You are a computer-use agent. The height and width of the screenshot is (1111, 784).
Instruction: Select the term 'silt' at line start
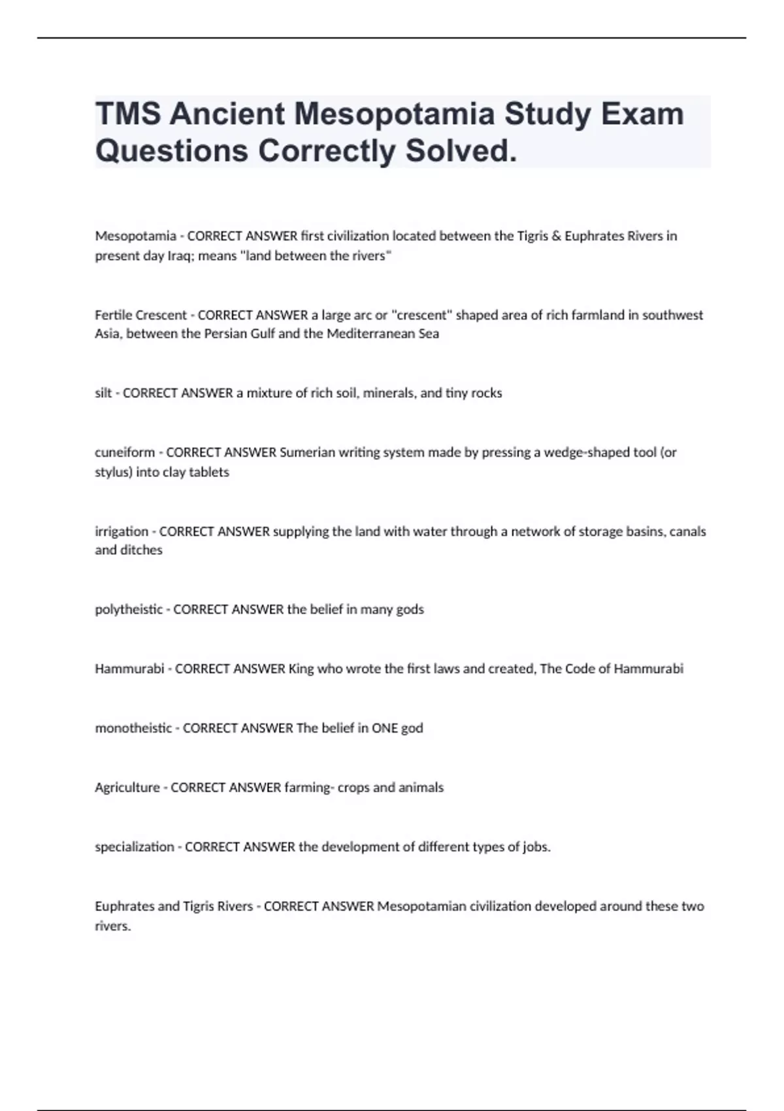(103, 393)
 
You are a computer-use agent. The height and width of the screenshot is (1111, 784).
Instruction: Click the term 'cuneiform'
(125, 452)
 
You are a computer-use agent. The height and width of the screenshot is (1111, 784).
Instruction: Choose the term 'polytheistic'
(129, 609)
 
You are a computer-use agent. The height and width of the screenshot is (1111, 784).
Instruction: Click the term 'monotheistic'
(133, 728)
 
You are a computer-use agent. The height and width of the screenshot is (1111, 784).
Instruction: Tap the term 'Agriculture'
(127, 788)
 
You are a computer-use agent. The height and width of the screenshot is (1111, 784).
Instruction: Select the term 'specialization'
(135, 847)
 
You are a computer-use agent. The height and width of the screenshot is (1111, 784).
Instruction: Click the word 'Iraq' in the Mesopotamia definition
(180, 256)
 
